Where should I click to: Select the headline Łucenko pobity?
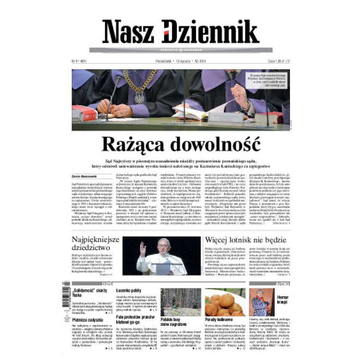click(x=127, y=292)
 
